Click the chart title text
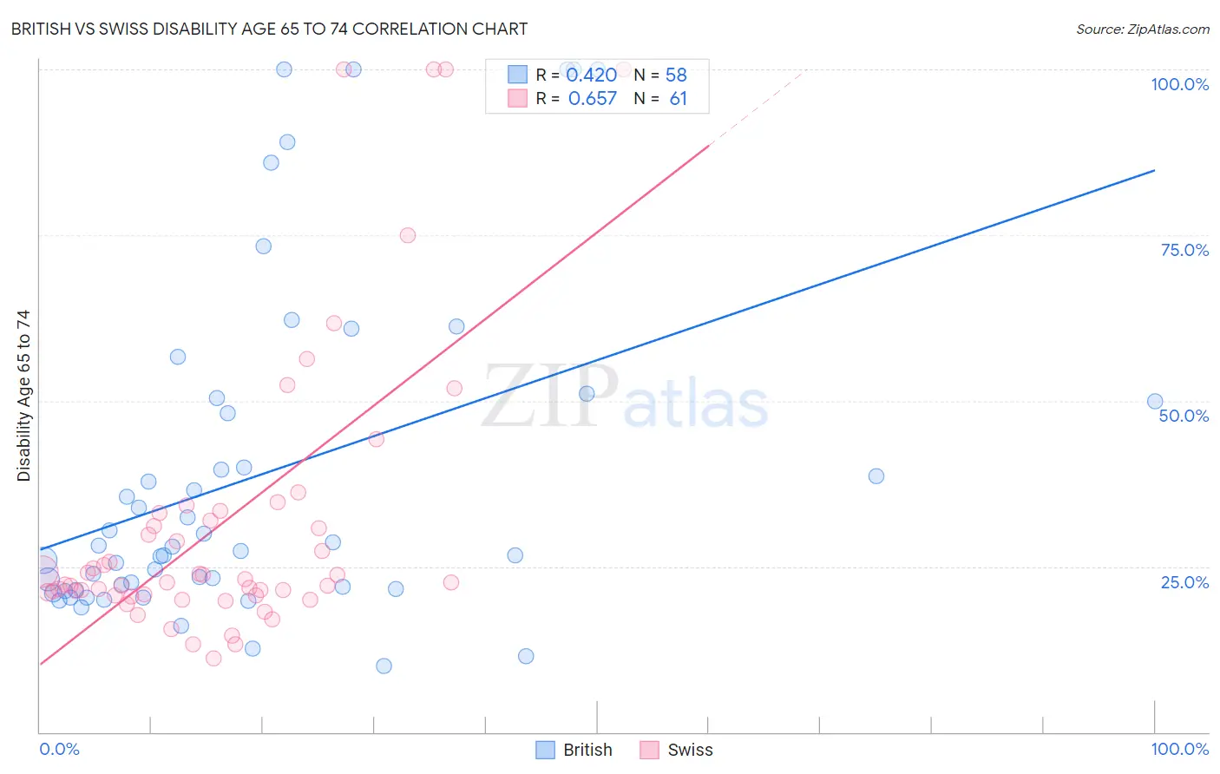[x=269, y=29]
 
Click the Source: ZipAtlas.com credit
[x=1142, y=29]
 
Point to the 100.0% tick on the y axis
[x=1179, y=84]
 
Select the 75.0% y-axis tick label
[x=1184, y=250]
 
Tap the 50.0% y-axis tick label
[x=1184, y=416]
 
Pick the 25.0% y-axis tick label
[x=1184, y=582]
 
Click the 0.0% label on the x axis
[x=59, y=749]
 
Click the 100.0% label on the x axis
[x=1179, y=749]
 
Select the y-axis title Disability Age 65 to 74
[x=23, y=396]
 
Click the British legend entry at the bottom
[x=587, y=750]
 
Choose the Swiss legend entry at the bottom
[x=690, y=750]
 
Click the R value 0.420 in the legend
[x=591, y=75]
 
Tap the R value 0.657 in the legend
[x=592, y=99]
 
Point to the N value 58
[x=676, y=75]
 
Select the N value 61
[x=678, y=99]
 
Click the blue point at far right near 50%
[x=1155, y=402]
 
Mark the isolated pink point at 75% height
[x=408, y=235]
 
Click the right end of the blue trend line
[x=1154, y=170]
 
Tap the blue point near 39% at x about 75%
[x=876, y=476]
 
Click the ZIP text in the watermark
[x=550, y=397]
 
